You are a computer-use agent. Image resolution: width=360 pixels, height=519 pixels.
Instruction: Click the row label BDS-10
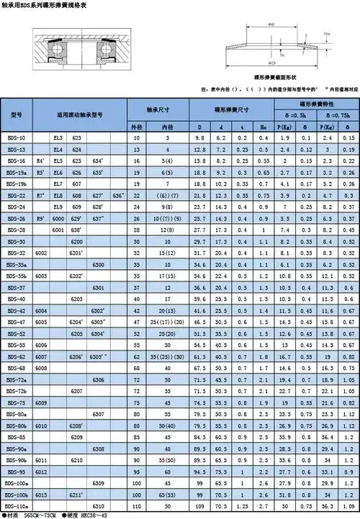[16, 137]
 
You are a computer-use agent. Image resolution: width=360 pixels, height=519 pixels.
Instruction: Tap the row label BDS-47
[16, 322]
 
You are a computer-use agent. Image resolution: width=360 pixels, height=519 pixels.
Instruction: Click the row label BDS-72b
[17, 391]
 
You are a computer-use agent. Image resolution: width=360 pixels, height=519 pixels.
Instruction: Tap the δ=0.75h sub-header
[338, 115]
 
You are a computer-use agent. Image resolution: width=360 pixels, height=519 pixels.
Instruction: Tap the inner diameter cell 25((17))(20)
[166, 322]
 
